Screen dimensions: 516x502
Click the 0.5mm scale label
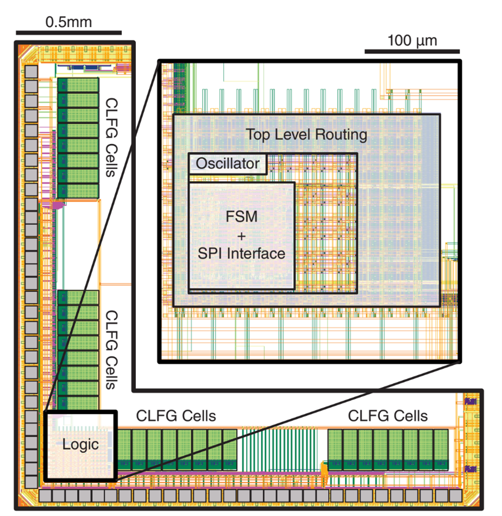(68, 22)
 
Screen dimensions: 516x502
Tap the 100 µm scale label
(412, 40)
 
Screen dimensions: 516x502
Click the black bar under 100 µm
(412, 52)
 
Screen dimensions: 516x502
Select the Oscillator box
(228, 164)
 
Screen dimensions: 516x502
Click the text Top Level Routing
(306, 134)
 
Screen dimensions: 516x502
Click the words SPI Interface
(241, 253)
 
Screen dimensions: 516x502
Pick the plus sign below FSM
(241, 235)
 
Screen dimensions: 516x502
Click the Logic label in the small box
(80, 445)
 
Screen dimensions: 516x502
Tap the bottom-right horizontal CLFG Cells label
(388, 416)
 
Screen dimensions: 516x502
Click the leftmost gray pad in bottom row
(46, 495)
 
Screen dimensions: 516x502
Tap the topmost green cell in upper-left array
(78, 85)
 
